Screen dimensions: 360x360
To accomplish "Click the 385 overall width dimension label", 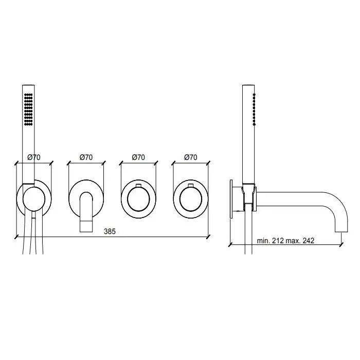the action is [x=110, y=231].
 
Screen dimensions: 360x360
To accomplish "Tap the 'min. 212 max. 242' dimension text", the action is [x=285, y=241].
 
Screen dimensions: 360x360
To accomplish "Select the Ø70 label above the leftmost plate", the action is [x=34, y=157].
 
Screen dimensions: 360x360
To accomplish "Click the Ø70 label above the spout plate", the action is [x=86, y=157].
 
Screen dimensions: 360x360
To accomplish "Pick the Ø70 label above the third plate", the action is [x=138, y=157].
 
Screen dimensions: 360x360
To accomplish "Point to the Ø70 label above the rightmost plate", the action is [x=191, y=157].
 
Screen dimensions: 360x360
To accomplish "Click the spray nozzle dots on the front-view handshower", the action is [x=28, y=109].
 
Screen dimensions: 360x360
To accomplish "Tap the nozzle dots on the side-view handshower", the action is [x=254, y=109].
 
